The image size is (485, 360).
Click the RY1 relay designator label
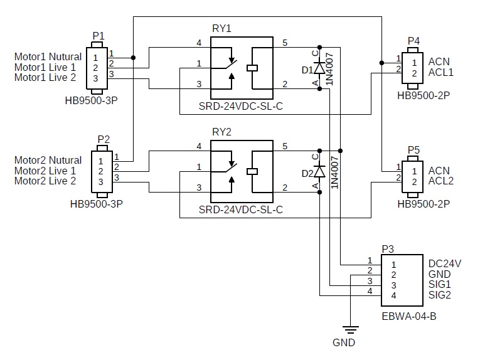coord(222,29)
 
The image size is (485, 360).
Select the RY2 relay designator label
coord(222,132)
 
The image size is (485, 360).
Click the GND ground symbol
coord(351,329)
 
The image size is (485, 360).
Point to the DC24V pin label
coord(444,264)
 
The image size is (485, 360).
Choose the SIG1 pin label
coord(440,284)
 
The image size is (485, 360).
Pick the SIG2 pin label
coord(440,294)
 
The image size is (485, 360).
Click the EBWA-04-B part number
coord(408,316)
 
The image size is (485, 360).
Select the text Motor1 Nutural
coord(48,57)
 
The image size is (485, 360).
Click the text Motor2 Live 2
coord(45,181)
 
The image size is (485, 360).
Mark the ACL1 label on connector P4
coord(440,73)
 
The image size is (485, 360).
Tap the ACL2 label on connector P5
coord(440,181)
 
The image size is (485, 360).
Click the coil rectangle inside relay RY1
coord(253,68)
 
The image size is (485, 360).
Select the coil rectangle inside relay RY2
coord(253,170)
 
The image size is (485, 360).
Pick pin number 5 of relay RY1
coord(285,43)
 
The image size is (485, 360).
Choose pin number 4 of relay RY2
coord(199,146)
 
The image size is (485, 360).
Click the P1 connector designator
coord(99,36)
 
